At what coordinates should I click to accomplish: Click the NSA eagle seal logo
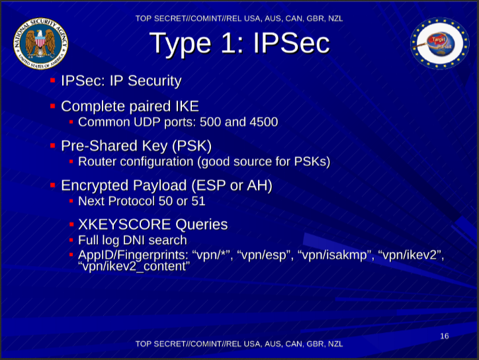tap(40, 44)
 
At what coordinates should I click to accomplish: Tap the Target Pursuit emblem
tap(439, 43)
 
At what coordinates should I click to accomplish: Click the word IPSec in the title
tap(291, 43)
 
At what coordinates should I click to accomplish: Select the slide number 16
tap(445, 336)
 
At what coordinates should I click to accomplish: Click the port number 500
tap(210, 122)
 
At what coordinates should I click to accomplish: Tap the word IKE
tap(187, 107)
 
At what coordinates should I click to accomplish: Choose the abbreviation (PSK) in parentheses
tap(192, 146)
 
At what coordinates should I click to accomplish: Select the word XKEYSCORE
tap(124, 224)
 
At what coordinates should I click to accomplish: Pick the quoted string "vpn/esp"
tap(263, 255)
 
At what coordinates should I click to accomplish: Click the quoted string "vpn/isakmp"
tap(334, 255)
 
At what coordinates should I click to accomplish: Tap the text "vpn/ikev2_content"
tap(134, 267)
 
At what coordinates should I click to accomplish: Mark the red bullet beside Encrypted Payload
tap(52, 185)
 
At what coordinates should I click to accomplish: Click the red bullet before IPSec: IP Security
tap(52, 80)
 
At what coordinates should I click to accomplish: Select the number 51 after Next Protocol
tap(198, 201)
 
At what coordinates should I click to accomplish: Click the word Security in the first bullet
tap(155, 81)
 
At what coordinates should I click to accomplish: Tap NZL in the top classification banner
tap(335, 19)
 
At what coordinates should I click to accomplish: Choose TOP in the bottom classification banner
tap(144, 344)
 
